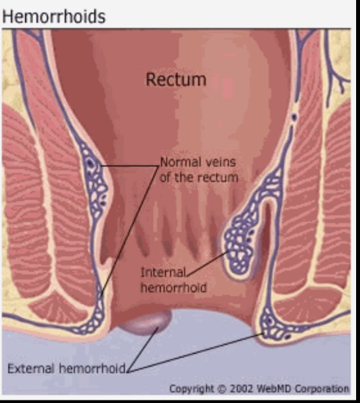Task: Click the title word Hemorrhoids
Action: point(54,16)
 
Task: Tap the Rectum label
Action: point(176,79)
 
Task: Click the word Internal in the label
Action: point(163,272)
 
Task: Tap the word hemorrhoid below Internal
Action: point(174,287)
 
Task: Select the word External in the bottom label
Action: point(31,369)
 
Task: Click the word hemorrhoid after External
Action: point(92,369)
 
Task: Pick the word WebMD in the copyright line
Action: point(274,388)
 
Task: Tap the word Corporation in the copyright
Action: point(322,389)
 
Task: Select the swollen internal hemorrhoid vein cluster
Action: point(239,246)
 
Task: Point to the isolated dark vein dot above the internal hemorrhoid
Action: point(294,117)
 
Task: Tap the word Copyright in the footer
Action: point(192,389)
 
